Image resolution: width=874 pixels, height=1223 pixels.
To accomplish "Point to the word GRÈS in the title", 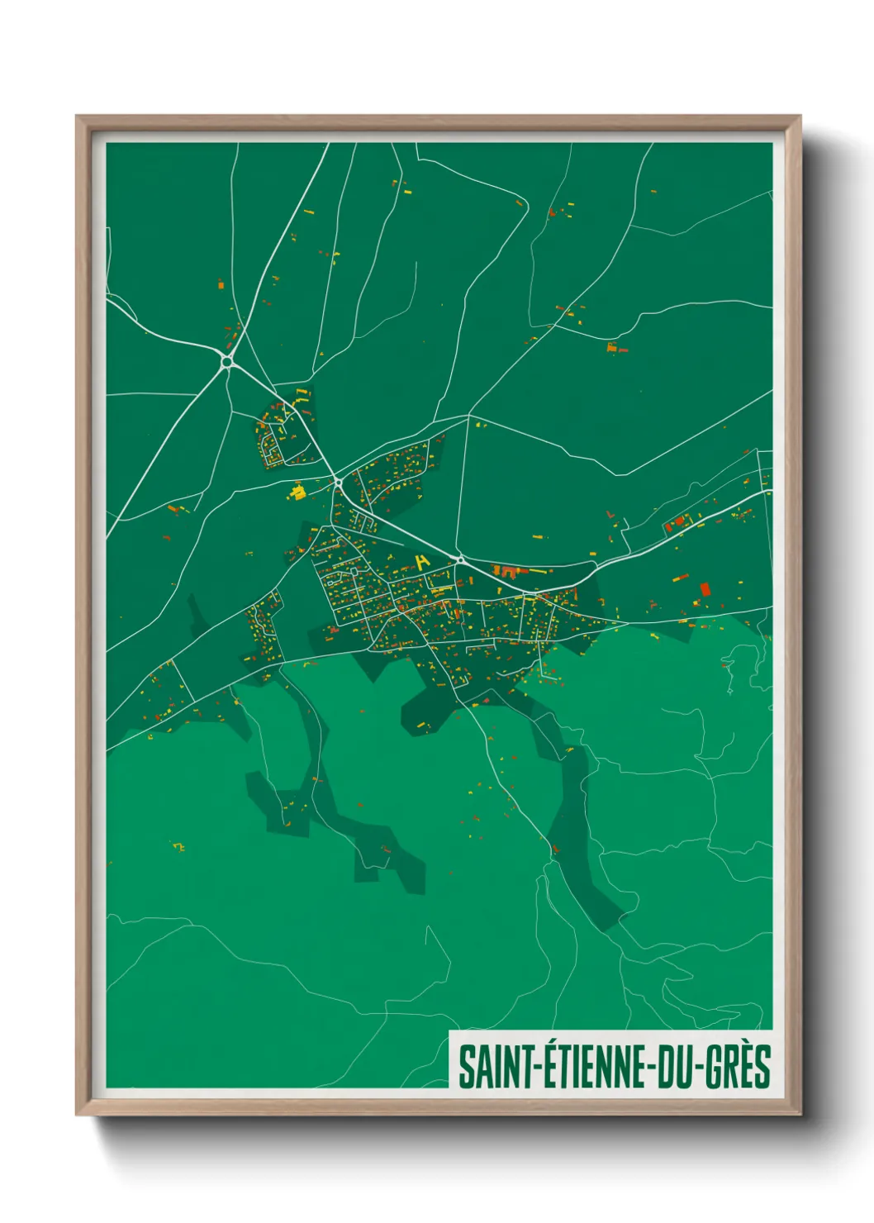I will click(739, 1067).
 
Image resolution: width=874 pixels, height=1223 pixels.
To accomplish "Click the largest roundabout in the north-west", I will click(226, 361).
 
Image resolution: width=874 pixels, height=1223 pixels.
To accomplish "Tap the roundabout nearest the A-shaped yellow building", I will click(459, 559).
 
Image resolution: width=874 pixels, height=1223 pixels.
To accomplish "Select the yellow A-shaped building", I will click(423, 562).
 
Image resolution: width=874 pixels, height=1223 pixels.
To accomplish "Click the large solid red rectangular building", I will click(705, 589).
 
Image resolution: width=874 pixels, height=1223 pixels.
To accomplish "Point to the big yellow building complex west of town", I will click(297, 493).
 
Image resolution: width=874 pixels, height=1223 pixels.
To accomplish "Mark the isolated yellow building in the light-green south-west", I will click(178, 846).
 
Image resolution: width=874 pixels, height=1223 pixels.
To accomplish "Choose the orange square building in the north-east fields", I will click(612, 348).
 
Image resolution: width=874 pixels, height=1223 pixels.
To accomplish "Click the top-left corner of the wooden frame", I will click(77, 117).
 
